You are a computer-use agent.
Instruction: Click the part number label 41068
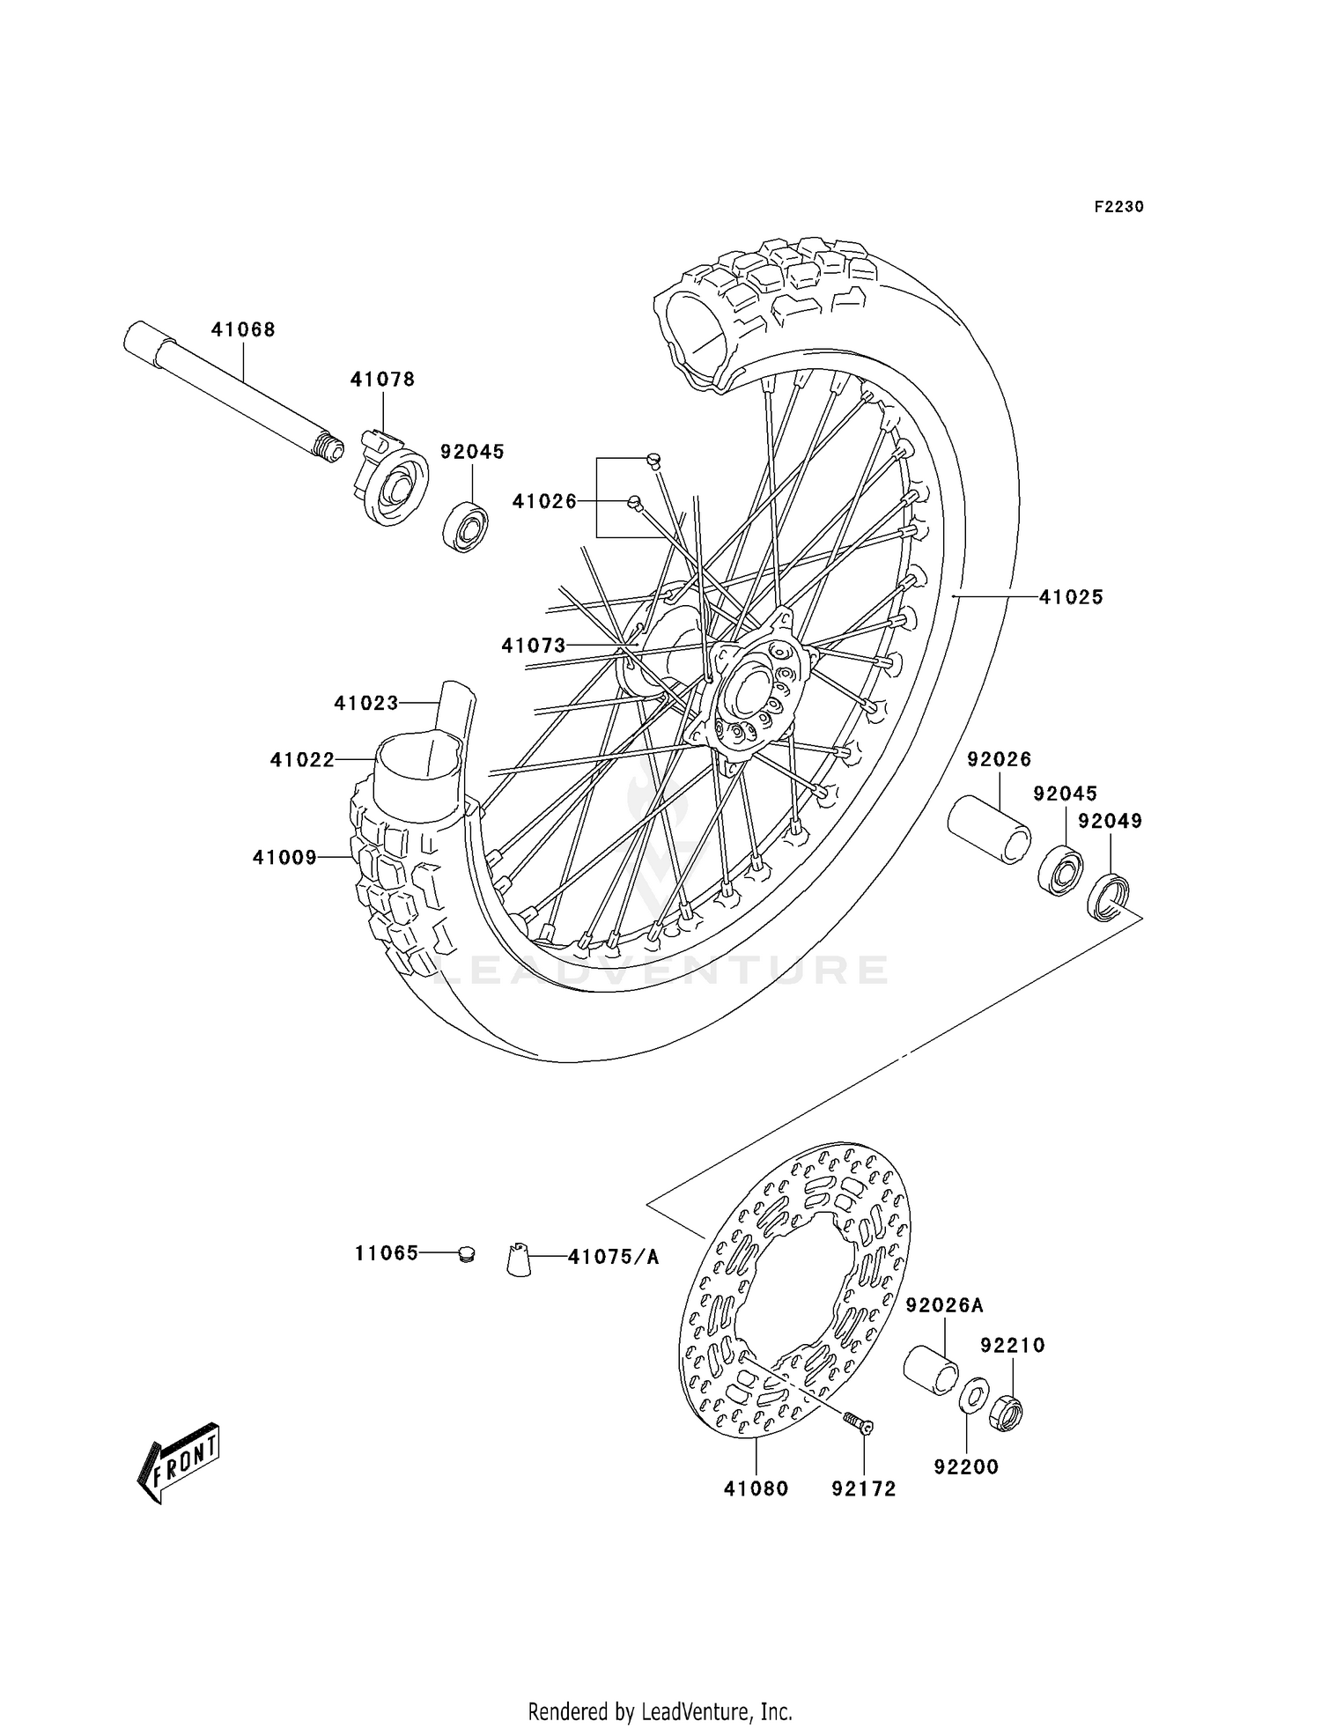click(243, 329)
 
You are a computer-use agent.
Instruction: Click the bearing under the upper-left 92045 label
click(466, 527)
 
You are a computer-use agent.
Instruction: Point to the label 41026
click(544, 501)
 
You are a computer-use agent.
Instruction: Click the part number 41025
click(1070, 597)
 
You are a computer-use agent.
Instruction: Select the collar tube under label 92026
click(988, 831)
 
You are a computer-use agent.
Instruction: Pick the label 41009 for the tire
click(284, 857)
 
